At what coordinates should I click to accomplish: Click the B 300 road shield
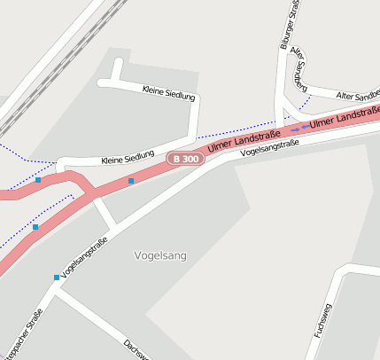[185, 159]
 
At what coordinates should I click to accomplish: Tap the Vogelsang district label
[160, 255]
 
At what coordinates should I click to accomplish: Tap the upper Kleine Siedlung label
[168, 92]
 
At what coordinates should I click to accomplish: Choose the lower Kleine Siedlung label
[128, 158]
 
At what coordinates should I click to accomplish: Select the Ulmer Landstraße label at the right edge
[345, 117]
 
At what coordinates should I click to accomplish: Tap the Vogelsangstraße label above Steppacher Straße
[85, 256]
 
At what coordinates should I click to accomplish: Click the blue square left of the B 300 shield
[131, 181]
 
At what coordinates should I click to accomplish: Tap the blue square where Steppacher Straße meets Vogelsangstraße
[57, 278]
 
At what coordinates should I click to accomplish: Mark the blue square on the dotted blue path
[35, 227]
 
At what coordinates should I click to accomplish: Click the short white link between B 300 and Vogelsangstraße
[105, 212]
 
